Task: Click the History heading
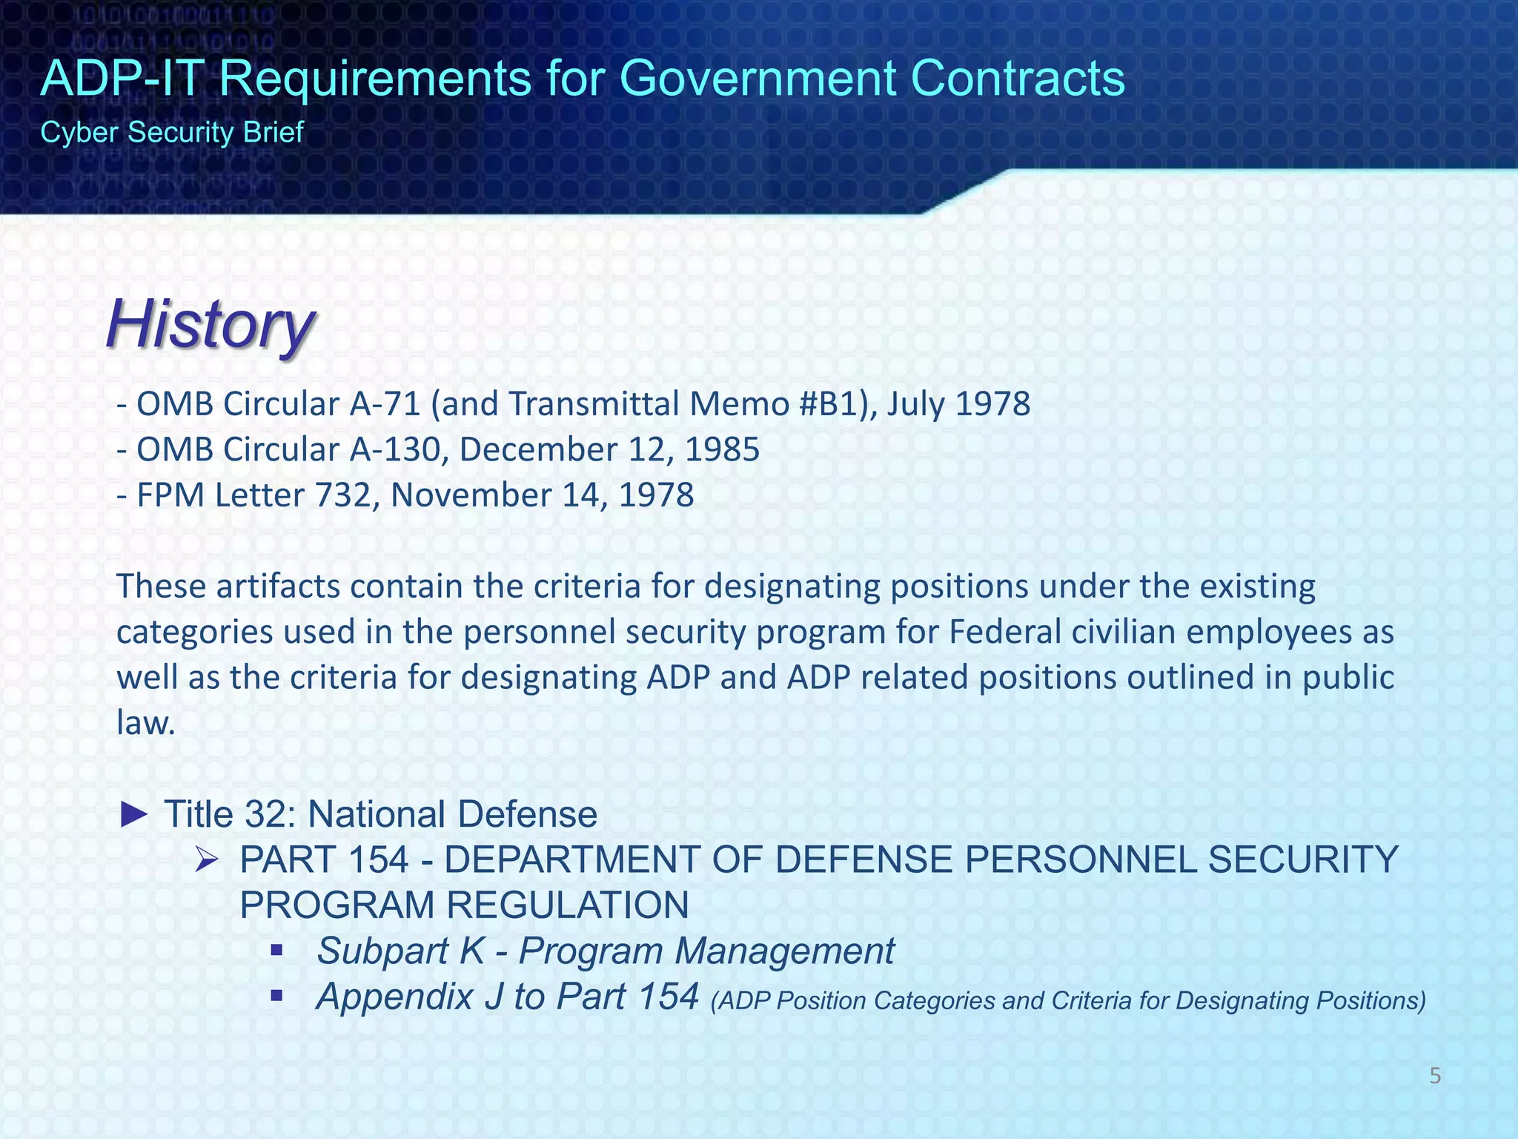coord(211,325)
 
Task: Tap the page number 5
coord(1435,1076)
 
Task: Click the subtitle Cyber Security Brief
coord(172,133)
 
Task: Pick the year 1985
coord(722,450)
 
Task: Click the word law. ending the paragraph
coord(146,723)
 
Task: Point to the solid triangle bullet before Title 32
coord(135,814)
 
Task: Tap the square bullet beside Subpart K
coord(277,950)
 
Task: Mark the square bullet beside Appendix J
coord(277,996)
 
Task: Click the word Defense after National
coord(527,814)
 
